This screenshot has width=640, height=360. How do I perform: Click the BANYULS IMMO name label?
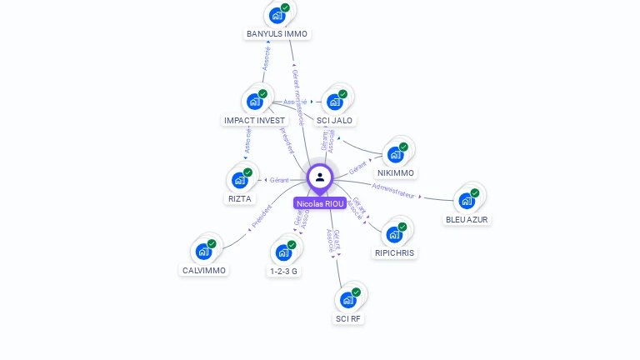point(277,34)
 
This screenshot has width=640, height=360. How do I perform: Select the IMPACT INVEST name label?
point(254,121)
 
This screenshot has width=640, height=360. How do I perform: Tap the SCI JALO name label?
point(335,121)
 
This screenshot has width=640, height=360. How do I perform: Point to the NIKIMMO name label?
point(396,173)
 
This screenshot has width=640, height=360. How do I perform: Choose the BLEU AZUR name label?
point(467,220)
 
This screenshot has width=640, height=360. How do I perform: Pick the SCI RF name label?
point(349,319)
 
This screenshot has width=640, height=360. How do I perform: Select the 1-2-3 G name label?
point(284,272)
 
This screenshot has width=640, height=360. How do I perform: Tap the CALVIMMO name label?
point(204,271)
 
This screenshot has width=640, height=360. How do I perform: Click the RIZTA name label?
point(239,199)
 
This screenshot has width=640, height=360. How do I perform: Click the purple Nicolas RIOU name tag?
point(320,203)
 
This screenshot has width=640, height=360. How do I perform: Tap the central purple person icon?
point(320,177)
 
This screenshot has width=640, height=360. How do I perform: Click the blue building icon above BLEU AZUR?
point(467,201)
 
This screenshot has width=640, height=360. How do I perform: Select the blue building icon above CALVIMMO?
point(203,251)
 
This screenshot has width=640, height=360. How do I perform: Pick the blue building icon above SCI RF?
point(348,300)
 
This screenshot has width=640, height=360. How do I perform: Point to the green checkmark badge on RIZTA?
point(247,172)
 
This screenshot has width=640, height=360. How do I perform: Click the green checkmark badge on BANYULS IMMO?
point(285,7)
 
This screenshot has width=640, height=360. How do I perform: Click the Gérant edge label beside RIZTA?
point(278,180)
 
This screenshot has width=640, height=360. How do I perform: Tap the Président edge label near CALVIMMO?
point(262,217)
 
